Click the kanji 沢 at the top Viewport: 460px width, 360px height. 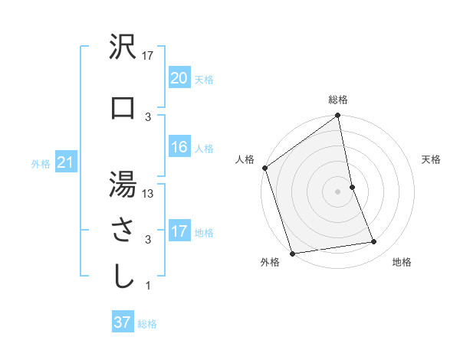123,49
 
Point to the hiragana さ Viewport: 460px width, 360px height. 123,231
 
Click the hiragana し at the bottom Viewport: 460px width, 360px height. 123,277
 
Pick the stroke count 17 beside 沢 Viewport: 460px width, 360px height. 149,56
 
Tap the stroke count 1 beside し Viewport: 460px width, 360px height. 147,286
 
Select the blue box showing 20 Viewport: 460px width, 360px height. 179,78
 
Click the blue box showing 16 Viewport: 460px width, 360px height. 179,147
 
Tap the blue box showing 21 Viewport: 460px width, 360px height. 65,162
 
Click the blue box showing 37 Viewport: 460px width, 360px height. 123,322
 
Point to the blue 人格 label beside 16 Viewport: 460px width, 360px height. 204,148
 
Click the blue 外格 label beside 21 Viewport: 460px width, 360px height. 41,163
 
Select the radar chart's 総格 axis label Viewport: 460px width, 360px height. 338,100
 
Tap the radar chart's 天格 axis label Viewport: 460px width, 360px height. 432,159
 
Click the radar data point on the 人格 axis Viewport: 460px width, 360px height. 264,168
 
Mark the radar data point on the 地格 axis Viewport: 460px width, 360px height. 374,242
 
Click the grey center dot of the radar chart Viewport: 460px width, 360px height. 338,191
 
